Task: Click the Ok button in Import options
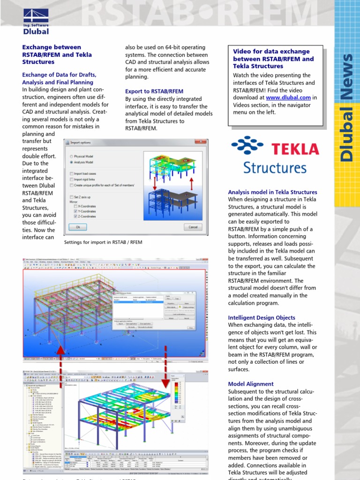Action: [78, 227]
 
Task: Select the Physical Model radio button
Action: [71, 156]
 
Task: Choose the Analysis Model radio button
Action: [71, 162]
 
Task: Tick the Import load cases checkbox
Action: [71, 173]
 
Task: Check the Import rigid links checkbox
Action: [71, 179]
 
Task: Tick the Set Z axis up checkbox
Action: [71, 197]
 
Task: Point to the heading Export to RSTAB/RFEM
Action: [154, 91]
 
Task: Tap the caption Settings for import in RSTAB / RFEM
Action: [103, 242]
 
